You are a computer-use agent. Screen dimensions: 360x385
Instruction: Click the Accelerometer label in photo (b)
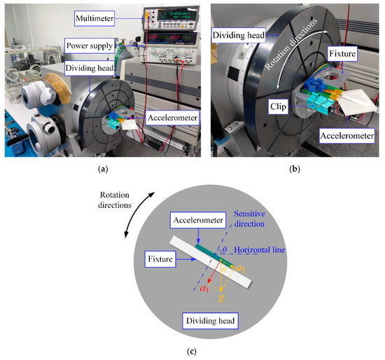click(344, 131)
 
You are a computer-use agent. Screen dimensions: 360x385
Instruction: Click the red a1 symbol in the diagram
click(204, 287)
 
